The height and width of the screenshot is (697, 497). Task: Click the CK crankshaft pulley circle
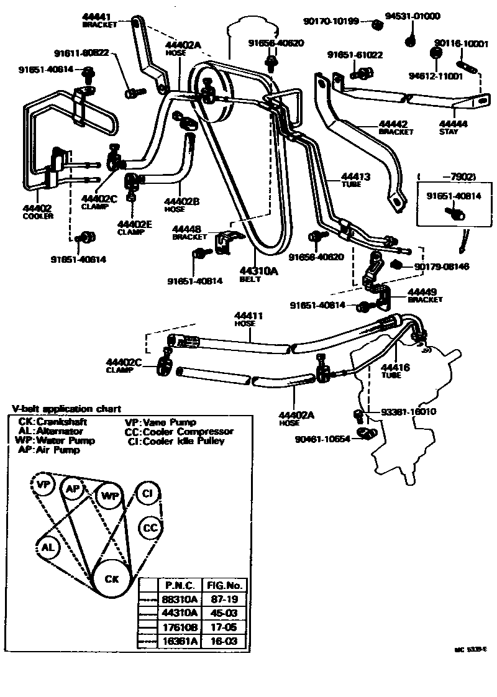point(111,579)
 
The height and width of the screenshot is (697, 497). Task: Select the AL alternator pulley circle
point(47,547)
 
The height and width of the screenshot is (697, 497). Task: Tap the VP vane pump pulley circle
point(43,485)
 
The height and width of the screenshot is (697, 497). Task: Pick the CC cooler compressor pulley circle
point(151,527)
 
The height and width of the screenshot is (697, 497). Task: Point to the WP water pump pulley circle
point(109,496)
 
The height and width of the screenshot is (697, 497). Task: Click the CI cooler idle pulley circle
point(147,493)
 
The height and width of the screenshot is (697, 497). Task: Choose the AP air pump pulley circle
point(73,489)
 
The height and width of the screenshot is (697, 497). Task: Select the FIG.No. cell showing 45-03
point(226,613)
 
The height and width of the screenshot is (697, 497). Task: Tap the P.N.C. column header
point(180,585)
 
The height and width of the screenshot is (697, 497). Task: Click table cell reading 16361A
point(180,642)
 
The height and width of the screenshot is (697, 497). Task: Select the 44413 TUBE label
point(355,180)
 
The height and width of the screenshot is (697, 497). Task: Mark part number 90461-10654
point(321,439)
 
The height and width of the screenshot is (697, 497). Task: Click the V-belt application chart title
point(66,409)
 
